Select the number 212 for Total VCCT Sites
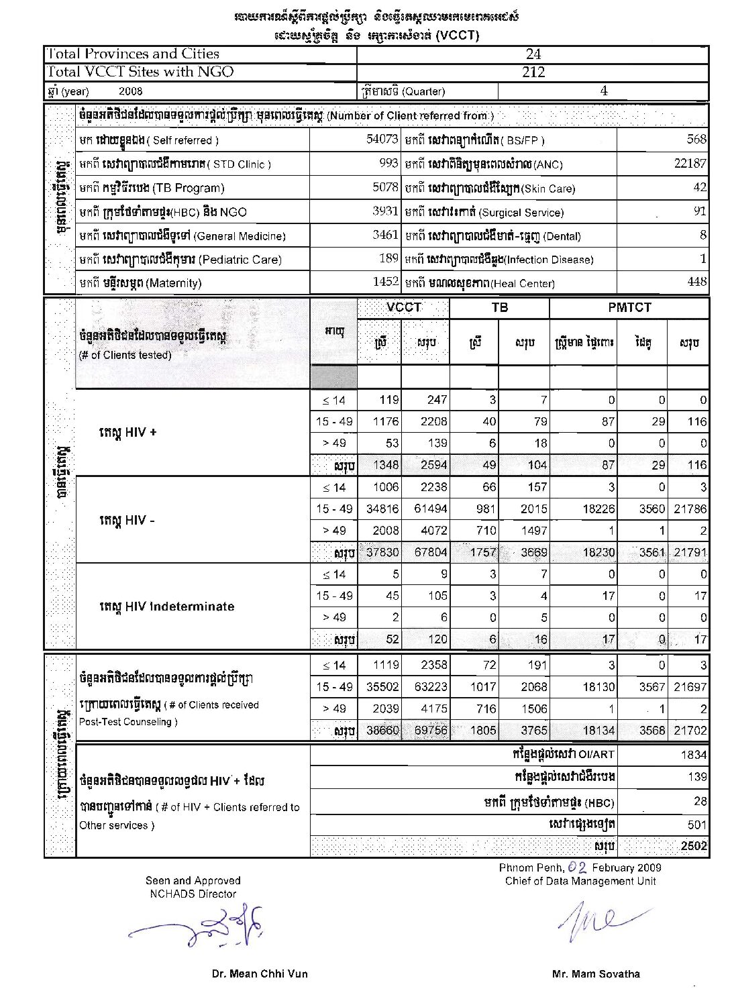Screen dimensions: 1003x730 click(533, 72)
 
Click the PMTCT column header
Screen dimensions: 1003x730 click(629, 308)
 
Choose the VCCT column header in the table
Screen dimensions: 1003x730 click(404, 308)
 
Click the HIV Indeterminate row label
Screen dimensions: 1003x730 click(166, 606)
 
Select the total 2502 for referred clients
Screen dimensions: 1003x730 click(694, 846)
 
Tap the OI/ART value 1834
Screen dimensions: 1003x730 click(694, 755)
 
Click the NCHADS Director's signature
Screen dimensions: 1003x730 click(201, 927)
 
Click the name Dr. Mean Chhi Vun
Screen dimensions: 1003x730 click(260, 973)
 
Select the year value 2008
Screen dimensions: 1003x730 click(131, 91)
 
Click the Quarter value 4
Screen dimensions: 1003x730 click(604, 91)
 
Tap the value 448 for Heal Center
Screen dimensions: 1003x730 click(697, 282)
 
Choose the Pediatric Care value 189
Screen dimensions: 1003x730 click(388, 259)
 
